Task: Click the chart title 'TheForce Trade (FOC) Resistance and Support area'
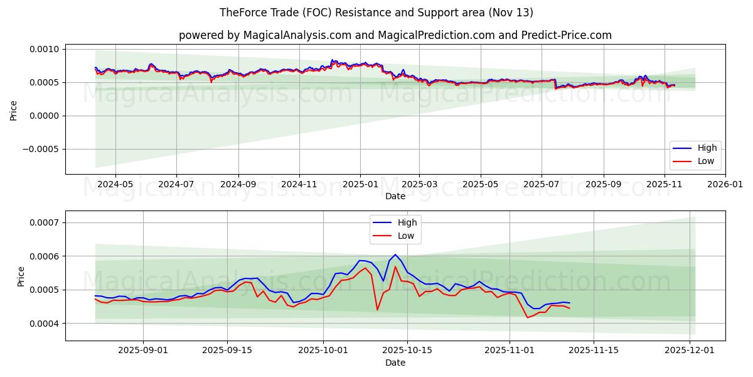click(376, 13)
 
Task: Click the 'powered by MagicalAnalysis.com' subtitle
click(395, 35)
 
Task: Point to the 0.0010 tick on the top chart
click(44, 49)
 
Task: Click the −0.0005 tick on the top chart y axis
click(41, 149)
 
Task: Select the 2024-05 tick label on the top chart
click(115, 185)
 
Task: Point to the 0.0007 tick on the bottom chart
click(44, 222)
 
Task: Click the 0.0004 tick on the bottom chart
click(44, 323)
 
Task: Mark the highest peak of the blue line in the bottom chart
click(395, 254)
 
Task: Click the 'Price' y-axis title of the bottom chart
click(21, 276)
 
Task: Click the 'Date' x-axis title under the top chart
click(395, 196)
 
